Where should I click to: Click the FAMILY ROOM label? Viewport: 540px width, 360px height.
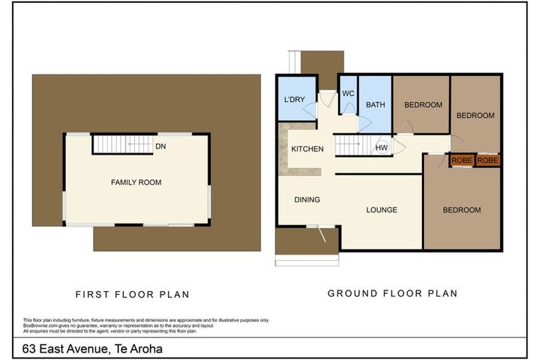tap(136, 182)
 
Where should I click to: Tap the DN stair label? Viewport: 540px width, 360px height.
tap(160, 146)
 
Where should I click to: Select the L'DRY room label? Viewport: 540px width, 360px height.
tap(295, 100)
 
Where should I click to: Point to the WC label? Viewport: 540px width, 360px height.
tap(348, 94)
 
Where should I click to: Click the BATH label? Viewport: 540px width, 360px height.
tap(375, 105)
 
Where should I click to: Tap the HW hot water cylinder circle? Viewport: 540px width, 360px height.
tap(381, 148)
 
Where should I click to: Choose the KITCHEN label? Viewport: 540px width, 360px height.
tap(307, 149)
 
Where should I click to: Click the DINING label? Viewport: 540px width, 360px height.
tap(307, 200)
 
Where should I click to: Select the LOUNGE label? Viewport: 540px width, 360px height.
tap(382, 210)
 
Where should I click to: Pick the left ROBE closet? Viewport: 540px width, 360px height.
tap(462, 160)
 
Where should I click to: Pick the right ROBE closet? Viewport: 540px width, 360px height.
tap(488, 160)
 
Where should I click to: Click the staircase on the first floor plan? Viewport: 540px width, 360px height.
tap(123, 144)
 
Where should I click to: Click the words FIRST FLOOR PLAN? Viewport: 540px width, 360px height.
tap(133, 295)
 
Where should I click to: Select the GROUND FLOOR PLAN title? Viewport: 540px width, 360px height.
tap(392, 293)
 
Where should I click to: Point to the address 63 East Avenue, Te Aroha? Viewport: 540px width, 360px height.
tap(92, 349)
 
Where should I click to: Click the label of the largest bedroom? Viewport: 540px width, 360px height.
tap(462, 210)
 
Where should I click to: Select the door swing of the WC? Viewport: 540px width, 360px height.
tap(349, 109)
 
